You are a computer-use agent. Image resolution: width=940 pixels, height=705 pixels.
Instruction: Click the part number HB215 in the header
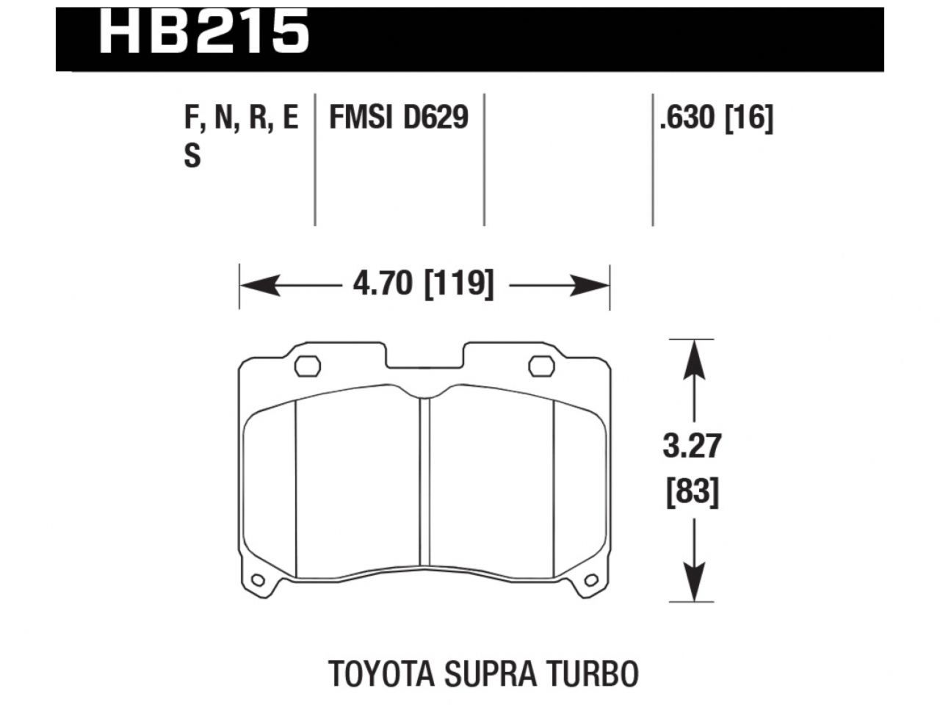tap(203, 32)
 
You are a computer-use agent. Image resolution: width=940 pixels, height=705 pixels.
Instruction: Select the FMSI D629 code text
tap(399, 117)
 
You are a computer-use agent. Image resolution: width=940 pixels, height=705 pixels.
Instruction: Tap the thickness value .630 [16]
tap(716, 117)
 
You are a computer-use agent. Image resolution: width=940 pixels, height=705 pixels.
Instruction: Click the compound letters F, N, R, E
tap(242, 117)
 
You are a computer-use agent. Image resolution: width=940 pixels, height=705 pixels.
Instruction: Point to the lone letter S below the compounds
tap(192, 156)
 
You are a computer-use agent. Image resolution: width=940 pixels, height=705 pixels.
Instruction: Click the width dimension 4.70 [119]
tap(424, 283)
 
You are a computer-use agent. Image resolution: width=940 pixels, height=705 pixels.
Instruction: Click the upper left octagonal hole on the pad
tap(307, 366)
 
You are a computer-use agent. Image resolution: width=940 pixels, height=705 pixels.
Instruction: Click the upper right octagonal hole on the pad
tap(543, 366)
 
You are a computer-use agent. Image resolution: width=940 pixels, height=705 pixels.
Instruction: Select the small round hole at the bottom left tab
tap(257, 581)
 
